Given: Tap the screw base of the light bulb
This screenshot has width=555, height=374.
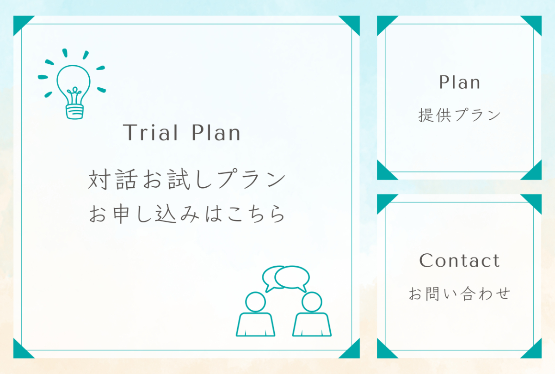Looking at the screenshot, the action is (x=74, y=112).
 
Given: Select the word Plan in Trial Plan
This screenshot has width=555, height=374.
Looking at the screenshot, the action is (x=216, y=133).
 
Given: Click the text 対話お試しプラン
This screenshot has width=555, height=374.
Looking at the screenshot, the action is (x=187, y=179).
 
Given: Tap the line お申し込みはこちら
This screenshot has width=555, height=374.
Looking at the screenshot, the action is (x=187, y=214).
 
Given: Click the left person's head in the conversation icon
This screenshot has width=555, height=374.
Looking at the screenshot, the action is (x=255, y=302).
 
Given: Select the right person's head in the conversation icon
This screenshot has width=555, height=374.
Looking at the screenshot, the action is (x=312, y=302).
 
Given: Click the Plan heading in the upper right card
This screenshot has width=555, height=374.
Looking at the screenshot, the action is (x=460, y=82).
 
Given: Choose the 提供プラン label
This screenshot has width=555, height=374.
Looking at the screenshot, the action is (x=460, y=115).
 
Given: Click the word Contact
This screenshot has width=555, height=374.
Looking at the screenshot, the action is (x=460, y=261).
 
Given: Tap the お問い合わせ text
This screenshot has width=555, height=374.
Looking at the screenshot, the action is (x=460, y=294).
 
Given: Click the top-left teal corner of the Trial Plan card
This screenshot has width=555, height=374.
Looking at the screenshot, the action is (x=20, y=23).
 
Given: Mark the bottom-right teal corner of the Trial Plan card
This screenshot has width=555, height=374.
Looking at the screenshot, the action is (x=353, y=351).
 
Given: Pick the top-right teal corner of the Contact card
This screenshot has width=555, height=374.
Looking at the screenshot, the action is (x=535, y=201).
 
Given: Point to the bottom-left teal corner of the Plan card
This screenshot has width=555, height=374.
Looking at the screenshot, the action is (x=384, y=173).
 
